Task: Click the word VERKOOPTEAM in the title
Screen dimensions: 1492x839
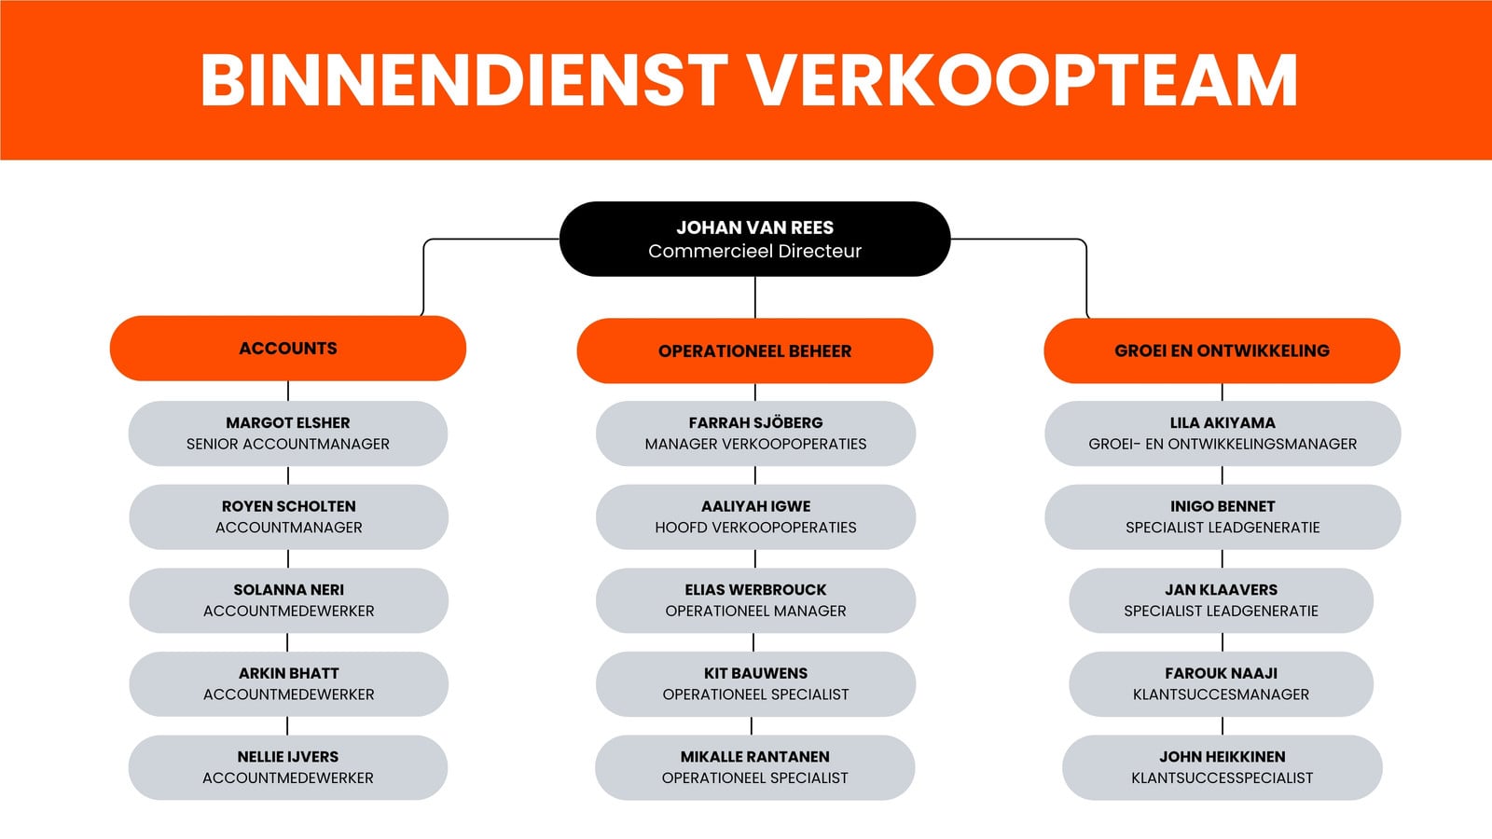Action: [1022, 80]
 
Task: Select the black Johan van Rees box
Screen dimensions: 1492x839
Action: [754, 239]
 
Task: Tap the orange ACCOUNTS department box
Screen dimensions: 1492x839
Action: [288, 349]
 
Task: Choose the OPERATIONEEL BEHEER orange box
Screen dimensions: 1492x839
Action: [754, 351]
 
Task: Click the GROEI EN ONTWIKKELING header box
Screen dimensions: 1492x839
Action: [1222, 351]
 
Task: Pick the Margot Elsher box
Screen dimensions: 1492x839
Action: [288, 433]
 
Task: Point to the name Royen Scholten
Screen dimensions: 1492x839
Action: [289, 506]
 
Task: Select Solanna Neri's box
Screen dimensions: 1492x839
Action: [288, 600]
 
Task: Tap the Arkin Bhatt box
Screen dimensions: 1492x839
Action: [288, 684]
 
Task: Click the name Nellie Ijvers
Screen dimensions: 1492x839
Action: [288, 756]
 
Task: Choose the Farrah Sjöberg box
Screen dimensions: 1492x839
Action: [755, 433]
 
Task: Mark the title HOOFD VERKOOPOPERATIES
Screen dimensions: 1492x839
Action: [755, 528]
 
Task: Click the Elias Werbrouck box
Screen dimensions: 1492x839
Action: [755, 600]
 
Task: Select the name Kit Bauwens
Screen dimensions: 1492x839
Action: [755, 673]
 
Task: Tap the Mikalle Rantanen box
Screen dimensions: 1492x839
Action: [754, 768]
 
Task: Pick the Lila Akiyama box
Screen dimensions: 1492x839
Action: [1223, 433]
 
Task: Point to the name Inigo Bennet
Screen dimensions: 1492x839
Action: [1223, 506]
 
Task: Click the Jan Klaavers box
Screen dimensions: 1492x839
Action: [1221, 600]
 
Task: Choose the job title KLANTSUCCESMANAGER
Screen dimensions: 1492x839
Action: [1221, 695]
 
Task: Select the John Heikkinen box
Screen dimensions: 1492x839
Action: [1222, 768]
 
